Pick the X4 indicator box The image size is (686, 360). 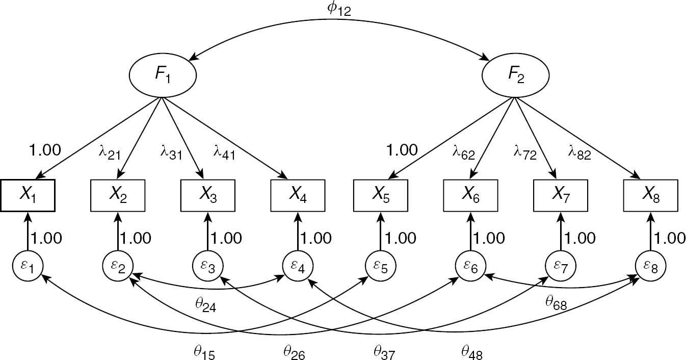298,194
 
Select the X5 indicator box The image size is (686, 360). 380,194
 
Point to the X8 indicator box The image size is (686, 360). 650,194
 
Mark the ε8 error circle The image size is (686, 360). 650,265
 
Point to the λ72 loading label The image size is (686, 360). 524,153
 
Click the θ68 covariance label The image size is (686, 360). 555,304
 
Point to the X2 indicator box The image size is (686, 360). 118,194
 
